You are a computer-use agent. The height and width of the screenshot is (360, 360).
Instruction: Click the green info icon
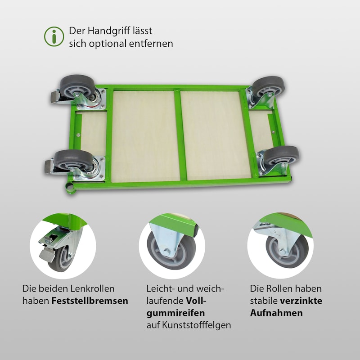(54, 36)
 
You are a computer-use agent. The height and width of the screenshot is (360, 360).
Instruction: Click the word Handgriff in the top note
(109, 31)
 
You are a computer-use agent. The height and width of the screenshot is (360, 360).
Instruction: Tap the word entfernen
(151, 43)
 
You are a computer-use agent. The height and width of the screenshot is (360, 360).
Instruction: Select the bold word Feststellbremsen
(90, 301)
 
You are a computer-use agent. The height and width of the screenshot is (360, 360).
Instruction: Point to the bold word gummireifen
(175, 313)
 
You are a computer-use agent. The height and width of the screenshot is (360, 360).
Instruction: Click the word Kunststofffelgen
(196, 325)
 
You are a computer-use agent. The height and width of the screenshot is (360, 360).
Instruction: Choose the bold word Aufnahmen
(276, 313)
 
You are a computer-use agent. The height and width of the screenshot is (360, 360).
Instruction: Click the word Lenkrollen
(92, 288)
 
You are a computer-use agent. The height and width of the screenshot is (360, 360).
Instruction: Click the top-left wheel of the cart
(77, 86)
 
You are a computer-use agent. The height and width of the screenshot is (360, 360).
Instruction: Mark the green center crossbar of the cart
(180, 135)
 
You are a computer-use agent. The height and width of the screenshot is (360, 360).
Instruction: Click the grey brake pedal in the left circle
(47, 254)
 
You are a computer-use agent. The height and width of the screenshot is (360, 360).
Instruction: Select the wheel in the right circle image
(288, 252)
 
